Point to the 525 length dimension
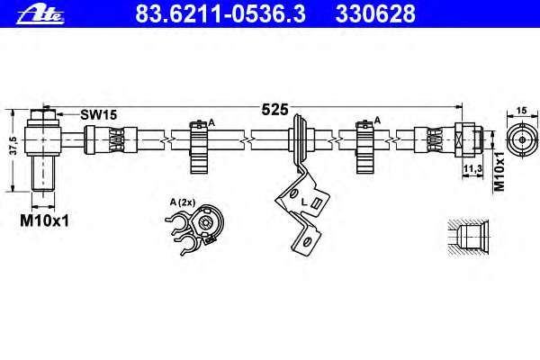coord(274,110)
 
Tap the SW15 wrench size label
coord(99,114)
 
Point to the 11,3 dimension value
coord(468,167)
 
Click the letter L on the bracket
coord(304,202)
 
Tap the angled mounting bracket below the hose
coord(301,211)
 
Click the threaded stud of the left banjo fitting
coord(40,173)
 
